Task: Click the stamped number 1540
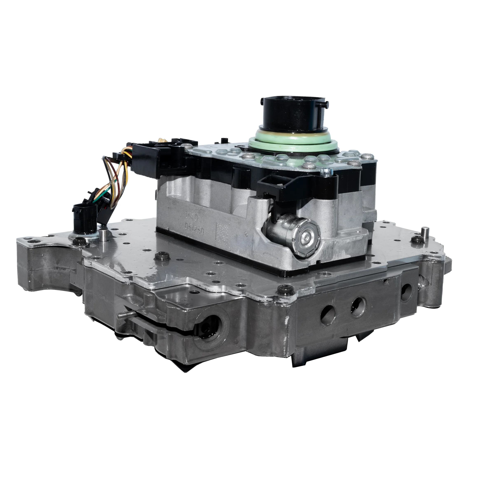(191, 217)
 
